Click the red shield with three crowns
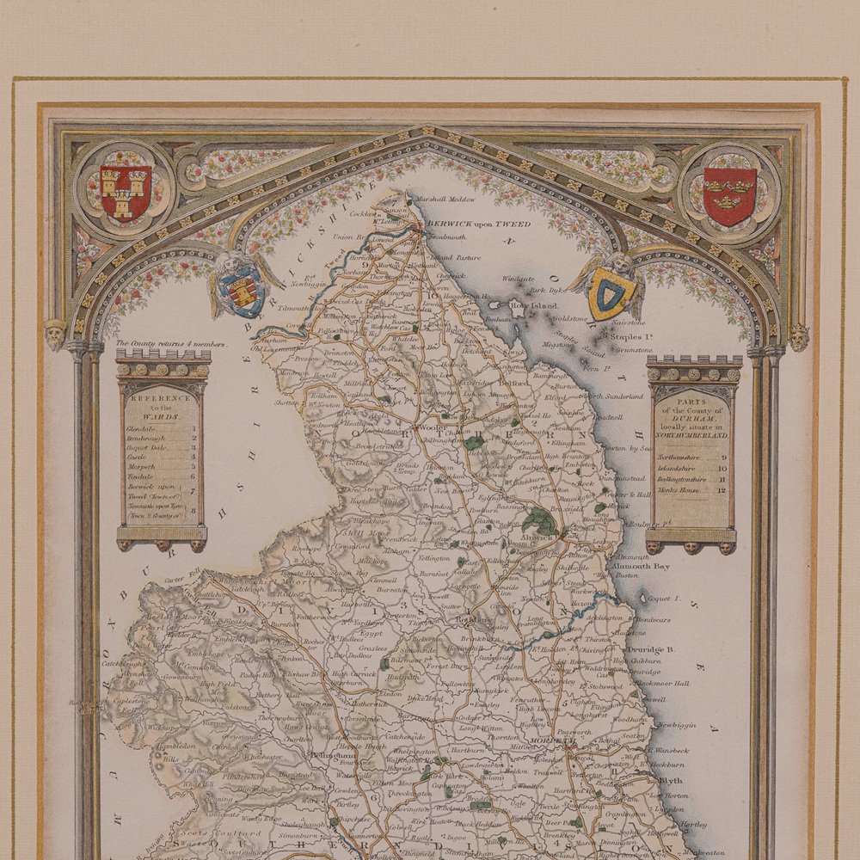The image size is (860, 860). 729,195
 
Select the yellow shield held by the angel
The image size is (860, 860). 611,292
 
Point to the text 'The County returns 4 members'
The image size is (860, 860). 169,344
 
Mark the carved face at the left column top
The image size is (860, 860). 56,334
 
